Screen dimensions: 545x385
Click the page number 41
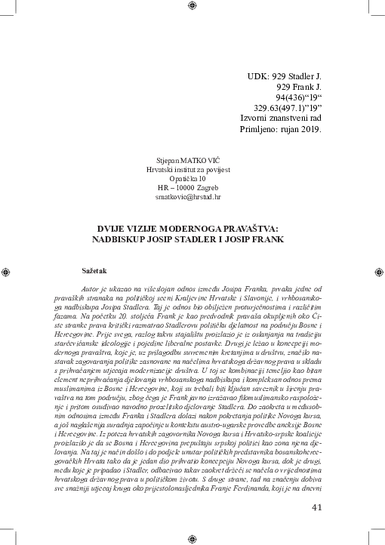316,507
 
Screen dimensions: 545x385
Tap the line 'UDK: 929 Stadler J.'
285,78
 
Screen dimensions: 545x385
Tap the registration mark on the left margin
5,272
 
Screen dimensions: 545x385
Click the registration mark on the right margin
380,272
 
